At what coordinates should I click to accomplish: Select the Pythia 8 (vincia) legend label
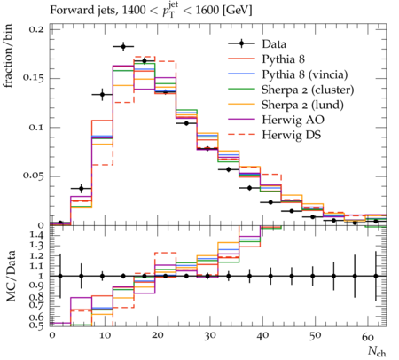305,74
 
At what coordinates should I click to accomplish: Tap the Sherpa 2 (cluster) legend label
308,90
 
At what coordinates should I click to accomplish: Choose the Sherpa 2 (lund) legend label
302,105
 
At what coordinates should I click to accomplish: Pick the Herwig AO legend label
293,120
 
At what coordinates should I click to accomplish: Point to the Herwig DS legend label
292,135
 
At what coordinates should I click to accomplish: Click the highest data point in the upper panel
123,46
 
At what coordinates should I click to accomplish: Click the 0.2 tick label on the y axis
36,29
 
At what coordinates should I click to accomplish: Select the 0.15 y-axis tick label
34,78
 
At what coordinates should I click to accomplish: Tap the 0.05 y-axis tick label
34,176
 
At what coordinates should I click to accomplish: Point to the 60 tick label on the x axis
368,336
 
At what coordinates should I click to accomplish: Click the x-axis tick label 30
210,336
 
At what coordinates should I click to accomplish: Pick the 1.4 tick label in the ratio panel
37,235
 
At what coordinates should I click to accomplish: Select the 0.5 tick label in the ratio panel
36,325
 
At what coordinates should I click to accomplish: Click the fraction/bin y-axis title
8,56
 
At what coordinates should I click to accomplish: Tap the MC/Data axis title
11,276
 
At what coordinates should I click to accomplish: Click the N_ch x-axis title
377,351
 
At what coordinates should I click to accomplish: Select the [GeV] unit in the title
238,11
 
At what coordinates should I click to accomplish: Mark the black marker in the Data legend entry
241,43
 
